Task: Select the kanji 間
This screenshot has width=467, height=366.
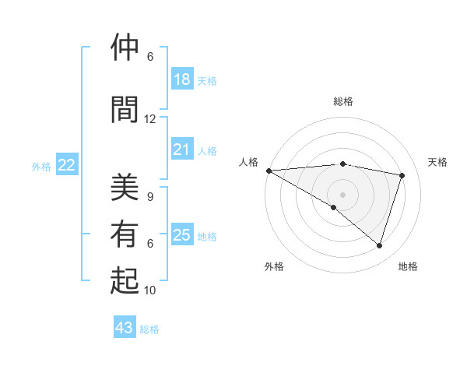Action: point(125,108)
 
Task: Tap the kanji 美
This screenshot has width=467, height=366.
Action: point(125,187)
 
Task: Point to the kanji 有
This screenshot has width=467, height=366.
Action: point(125,234)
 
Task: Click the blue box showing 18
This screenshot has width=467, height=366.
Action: point(181,79)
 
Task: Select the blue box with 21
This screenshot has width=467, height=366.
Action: point(181,150)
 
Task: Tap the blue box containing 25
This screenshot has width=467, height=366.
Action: point(181,235)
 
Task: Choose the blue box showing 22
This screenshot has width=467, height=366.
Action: point(67,164)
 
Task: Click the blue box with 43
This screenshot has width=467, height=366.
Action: point(124,328)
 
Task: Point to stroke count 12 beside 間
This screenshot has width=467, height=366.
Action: point(149,119)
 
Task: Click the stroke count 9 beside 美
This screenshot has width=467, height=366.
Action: point(150,197)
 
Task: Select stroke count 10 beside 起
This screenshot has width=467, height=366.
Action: point(150,290)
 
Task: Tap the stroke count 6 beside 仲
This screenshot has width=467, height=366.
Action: point(150,57)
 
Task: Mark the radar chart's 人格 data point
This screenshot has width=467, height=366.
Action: point(269,171)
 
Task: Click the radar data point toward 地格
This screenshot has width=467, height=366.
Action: point(379,246)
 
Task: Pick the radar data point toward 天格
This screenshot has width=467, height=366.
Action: point(402,175)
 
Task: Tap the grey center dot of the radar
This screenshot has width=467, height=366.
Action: point(342,194)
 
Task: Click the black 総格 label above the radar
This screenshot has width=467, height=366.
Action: point(342,101)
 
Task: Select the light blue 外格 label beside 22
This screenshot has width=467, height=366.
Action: point(41,166)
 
